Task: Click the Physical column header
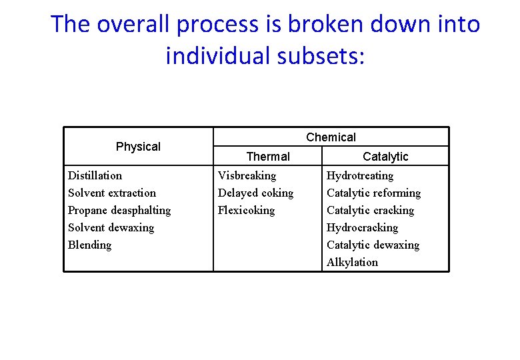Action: click(138, 147)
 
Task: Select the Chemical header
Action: click(331, 137)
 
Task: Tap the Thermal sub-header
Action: click(268, 157)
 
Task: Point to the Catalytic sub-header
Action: click(385, 157)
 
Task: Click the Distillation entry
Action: click(95, 175)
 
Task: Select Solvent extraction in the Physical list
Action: click(112, 193)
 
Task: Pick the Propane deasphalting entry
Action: click(119, 210)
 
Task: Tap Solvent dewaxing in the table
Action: click(111, 227)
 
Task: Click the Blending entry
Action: click(90, 245)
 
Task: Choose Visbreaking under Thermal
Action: click(247, 175)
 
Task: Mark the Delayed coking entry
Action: click(255, 193)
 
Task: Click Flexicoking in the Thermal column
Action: click(246, 210)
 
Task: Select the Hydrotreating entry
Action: click(360, 175)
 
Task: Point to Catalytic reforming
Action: click(373, 193)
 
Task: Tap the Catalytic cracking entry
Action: click(370, 210)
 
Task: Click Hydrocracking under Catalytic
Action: click(362, 227)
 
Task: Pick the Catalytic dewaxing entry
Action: click(373, 245)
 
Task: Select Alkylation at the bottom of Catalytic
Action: click(352, 262)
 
